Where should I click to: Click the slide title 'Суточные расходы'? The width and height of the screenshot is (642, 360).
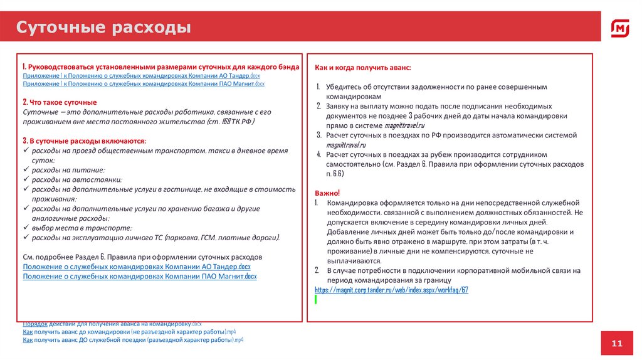coord(103,28)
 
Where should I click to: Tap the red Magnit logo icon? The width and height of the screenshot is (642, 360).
coord(620,28)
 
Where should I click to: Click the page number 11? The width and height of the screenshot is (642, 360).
coord(617,343)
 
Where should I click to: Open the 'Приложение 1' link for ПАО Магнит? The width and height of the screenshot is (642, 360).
coord(144,83)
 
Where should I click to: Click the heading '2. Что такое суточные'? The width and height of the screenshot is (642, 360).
coord(60,102)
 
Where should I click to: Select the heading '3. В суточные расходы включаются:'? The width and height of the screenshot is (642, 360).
coord(84,140)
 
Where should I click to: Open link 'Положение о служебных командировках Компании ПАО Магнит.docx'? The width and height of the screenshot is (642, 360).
coord(140,276)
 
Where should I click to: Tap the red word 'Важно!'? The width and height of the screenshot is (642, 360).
coord(327,193)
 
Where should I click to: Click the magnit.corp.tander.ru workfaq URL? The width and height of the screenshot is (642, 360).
coord(391,290)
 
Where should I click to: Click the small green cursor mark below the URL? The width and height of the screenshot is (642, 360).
coord(316,300)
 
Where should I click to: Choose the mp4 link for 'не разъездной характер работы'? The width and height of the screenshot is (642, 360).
coord(129,331)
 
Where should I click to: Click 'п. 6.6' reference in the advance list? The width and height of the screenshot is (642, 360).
coord(334,173)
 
